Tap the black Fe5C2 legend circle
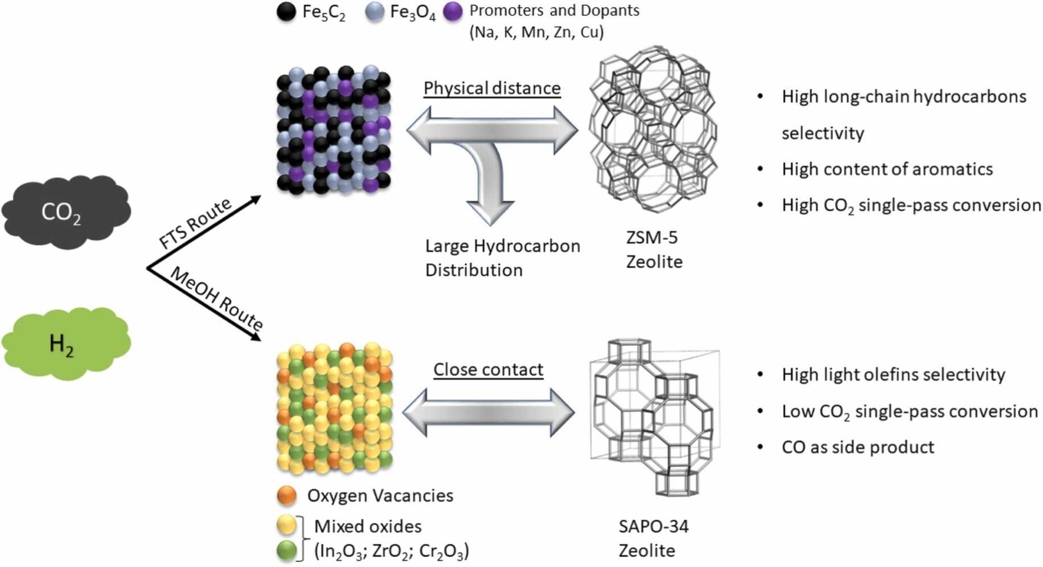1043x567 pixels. [x=286, y=12]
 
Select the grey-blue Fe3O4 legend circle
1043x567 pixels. [x=375, y=12]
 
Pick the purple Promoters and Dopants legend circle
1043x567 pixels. [x=453, y=12]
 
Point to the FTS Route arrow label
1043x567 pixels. [x=195, y=223]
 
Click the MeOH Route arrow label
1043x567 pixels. [x=216, y=298]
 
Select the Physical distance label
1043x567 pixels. [x=492, y=88]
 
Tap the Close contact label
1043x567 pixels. [x=488, y=369]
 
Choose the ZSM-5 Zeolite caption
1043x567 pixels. [x=653, y=250]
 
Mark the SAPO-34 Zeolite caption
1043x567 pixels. [x=652, y=538]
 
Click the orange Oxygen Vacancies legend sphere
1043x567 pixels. [x=287, y=495]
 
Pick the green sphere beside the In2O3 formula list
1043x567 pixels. [x=287, y=550]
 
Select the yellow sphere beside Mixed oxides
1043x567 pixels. [x=287, y=525]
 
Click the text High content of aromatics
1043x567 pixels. [x=887, y=169]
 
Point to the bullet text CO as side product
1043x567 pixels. [x=857, y=447]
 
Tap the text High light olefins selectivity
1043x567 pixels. [x=893, y=374]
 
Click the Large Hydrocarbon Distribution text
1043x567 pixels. [x=502, y=258]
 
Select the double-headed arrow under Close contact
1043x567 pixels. [x=489, y=413]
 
